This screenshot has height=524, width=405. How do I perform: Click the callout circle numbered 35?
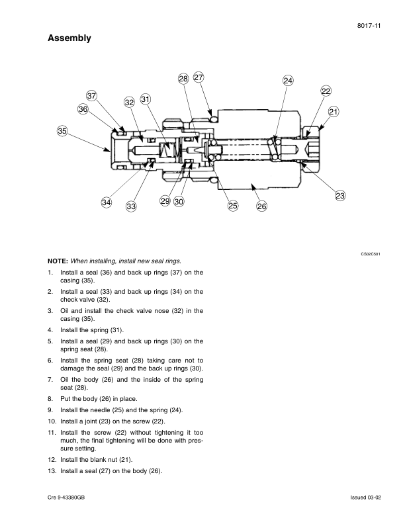point(62,132)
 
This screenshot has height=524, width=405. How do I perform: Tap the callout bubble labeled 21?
point(333,112)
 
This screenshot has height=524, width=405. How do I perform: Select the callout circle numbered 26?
point(261,206)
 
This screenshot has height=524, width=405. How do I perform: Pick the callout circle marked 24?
point(288,80)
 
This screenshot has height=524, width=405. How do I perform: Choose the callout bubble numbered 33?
point(131,206)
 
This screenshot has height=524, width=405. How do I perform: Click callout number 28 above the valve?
point(183,79)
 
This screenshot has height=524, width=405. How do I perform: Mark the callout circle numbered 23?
point(340,195)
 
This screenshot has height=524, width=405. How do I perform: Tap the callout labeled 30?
point(179,201)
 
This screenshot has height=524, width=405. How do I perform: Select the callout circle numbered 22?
point(326,91)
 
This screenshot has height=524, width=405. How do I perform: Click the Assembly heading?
point(69,39)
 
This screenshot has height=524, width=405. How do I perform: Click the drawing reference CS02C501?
point(370,253)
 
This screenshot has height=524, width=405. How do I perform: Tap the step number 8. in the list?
point(50,399)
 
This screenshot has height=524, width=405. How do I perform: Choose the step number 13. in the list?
point(52,470)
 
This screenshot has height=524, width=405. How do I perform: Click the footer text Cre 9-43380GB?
point(66,496)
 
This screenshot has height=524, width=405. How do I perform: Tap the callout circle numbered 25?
point(233,206)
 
